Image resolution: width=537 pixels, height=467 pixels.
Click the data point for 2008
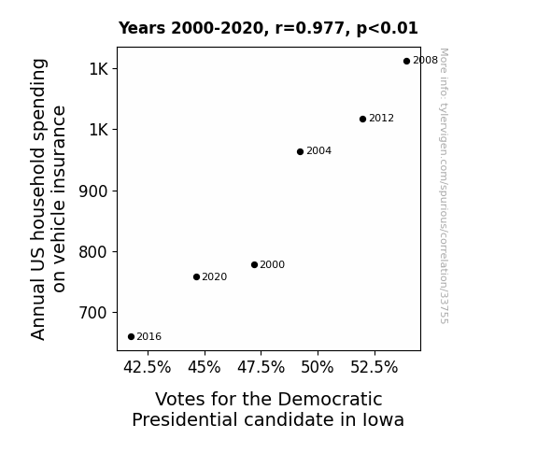coord(406,61)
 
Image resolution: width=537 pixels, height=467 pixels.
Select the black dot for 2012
coord(362,119)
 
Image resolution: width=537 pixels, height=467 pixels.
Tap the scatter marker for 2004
coord(300,151)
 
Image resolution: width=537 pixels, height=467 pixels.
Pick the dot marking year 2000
coord(254,264)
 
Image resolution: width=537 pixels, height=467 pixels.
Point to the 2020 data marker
coord(196,276)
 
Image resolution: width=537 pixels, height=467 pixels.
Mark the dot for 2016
coord(131,337)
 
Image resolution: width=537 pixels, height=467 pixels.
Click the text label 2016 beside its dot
coord(149,337)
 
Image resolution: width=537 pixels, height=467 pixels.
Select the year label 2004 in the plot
coord(318,151)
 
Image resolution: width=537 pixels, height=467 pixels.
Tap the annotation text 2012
coord(382,119)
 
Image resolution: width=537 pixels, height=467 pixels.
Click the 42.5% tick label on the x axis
coord(148,367)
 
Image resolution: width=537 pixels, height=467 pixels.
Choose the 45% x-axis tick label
coord(205,367)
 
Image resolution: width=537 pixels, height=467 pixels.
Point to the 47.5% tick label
coord(261,367)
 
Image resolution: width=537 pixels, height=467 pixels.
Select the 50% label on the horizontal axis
coord(318,367)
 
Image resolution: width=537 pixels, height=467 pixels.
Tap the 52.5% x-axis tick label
coord(374,367)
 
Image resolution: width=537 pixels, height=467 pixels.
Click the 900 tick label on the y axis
coord(93,191)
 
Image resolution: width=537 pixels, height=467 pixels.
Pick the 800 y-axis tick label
coord(93,252)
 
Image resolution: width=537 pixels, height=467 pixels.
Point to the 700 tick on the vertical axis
coord(93,313)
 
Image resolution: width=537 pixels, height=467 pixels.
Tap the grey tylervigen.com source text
coord(444,186)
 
